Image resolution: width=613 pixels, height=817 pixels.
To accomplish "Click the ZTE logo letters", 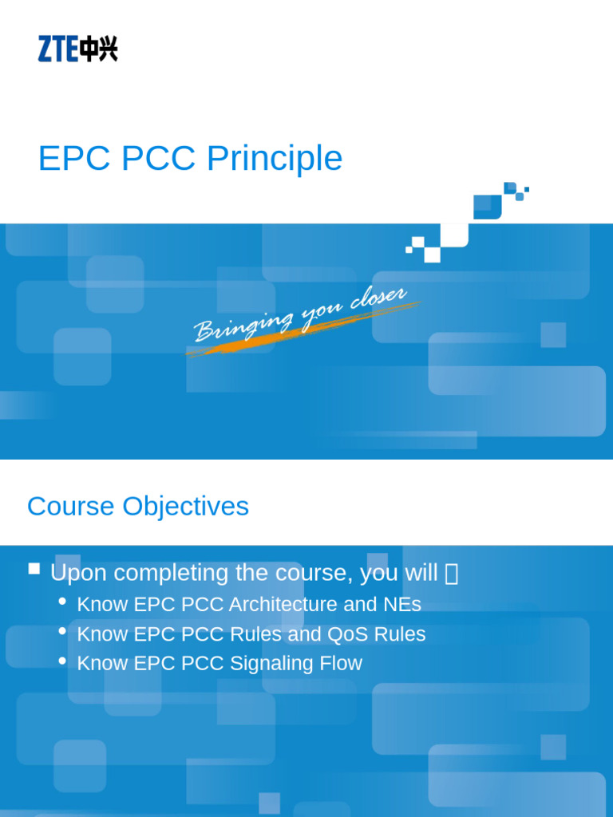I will coord(57,49).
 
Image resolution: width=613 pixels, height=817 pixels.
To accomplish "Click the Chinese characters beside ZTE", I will coord(99,49).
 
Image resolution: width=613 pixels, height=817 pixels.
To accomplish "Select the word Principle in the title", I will coord(275,159).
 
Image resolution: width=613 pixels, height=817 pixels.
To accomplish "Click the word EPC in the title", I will coord(74,159).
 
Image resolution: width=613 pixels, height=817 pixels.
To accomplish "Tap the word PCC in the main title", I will coord(159,159).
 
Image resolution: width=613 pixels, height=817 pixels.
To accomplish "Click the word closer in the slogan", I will coord(378,300).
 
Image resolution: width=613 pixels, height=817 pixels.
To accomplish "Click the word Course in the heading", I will coord(69,506).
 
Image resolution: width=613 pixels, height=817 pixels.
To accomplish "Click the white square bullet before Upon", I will coord(34,569).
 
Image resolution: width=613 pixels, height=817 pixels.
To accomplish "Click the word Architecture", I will coord(284,605).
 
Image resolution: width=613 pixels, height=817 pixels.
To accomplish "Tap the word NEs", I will coord(401,605).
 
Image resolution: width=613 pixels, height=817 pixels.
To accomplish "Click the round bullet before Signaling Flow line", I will coord(63,661).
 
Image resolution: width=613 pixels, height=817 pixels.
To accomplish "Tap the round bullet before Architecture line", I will coord(63,602).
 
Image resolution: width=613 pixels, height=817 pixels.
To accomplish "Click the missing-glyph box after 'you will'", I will coord(451,574).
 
